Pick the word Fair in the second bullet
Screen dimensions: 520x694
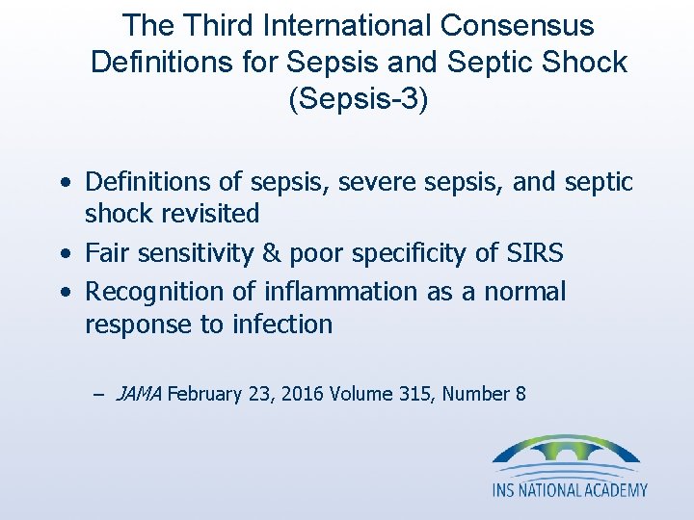(x=106, y=253)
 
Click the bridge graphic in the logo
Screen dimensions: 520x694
(x=566, y=454)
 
